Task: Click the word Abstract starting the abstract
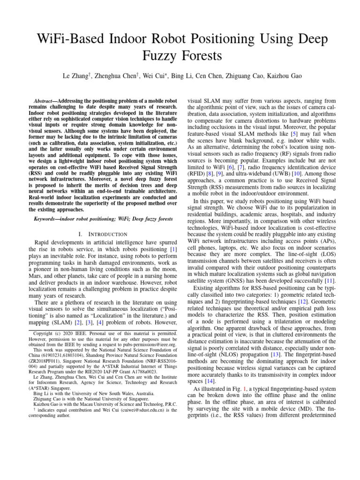tap(46, 101)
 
